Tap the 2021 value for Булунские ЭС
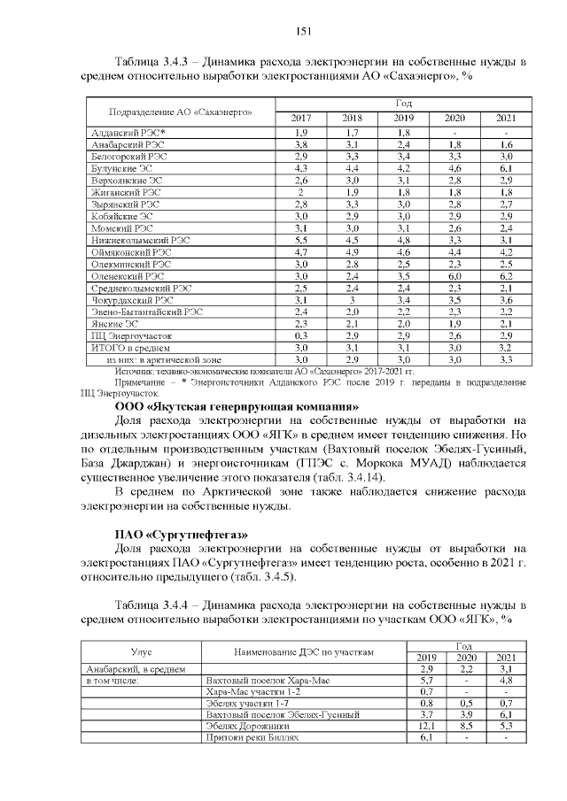click(506, 167)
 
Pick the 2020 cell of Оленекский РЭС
click(454, 275)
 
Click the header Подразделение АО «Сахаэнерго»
click(175, 112)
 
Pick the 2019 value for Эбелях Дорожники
click(425, 726)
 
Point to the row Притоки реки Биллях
click(252, 737)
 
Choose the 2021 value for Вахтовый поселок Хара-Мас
click(506, 680)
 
